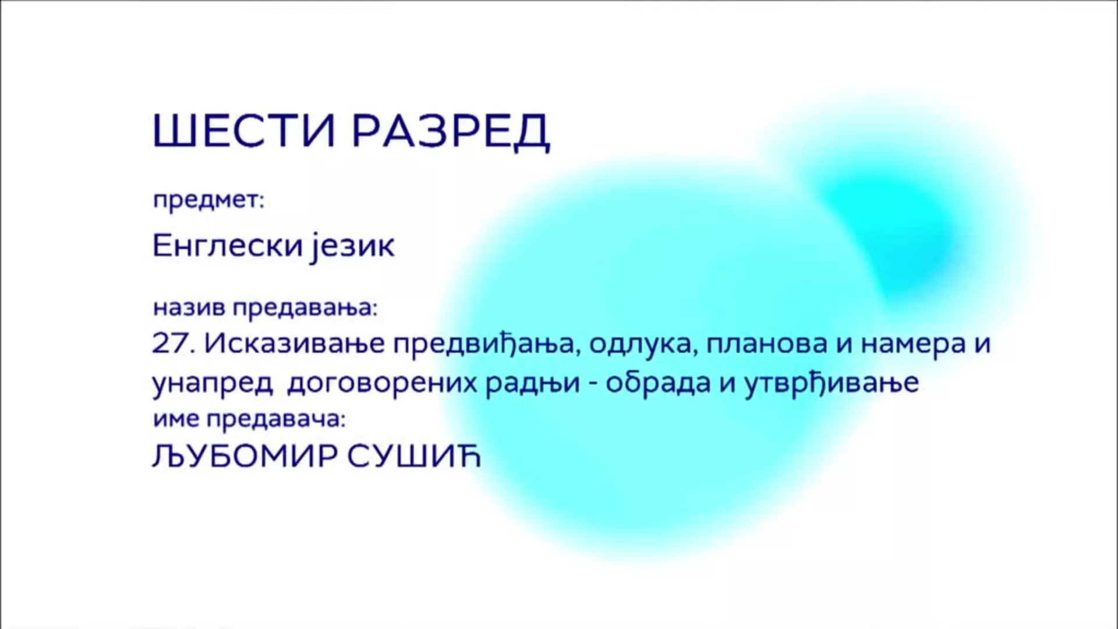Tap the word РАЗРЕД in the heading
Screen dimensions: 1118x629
(x=451, y=132)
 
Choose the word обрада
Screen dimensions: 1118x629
(x=660, y=383)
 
